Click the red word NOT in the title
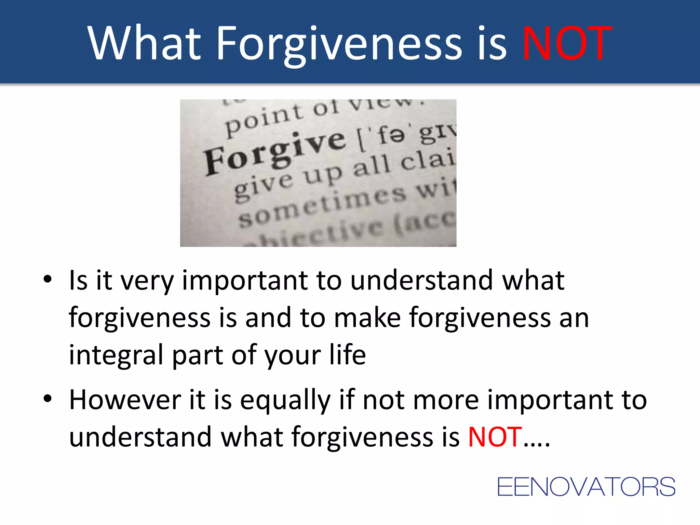[567, 43]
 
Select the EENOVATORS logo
[586, 487]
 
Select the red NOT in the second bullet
[495, 437]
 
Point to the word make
[367, 318]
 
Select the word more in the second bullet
[446, 400]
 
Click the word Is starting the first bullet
[78, 280]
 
